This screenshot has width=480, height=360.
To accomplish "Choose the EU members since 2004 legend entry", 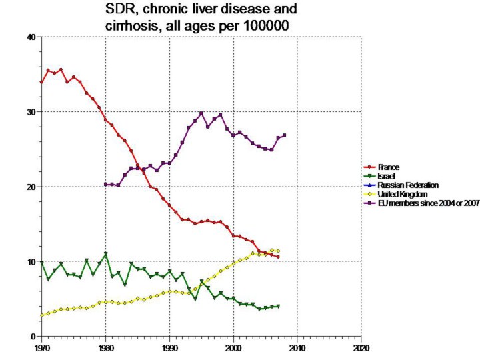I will click(x=427, y=203).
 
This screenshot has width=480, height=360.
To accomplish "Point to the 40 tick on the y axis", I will click(x=31, y=37).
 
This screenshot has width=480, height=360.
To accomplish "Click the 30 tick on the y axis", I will click(x=31, y=112).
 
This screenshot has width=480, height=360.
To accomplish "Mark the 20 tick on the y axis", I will click(x=31, y=187).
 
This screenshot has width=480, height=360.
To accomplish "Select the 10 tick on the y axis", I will click(x=31, y=261).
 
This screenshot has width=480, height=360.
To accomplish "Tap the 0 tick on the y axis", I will click(x=33, y=336).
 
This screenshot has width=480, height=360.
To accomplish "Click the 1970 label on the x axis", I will click(x=41, y=347).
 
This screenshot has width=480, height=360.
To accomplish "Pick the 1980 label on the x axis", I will click(x=105, y=347).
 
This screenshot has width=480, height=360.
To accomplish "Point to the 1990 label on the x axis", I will click(x=169, y=347).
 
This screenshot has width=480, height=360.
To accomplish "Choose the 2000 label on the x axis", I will click(x=233, y=347).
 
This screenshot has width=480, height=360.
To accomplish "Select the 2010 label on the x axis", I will click(x=297, y=347).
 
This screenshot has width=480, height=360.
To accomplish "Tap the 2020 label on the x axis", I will click(x=361, y=347).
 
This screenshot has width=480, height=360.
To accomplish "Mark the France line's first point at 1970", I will click(x=41, y=83).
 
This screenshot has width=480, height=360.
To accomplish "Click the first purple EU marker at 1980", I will click(x=105, y=184).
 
